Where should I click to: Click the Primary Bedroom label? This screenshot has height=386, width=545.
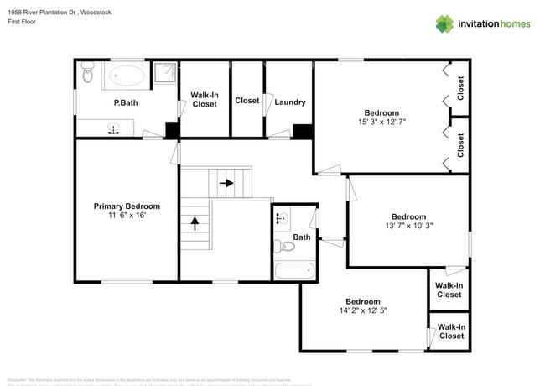pyautogui.click(x=127, y=206)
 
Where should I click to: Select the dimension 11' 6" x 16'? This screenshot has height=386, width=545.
pyautogui.click(x=127, y=216)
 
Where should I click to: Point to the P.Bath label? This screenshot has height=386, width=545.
pyautogui.click(x=126, y=102)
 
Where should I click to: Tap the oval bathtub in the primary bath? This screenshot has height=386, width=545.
pyautogui.click(x=127, y=77)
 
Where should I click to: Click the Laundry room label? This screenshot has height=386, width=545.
pyautogui.click(x=290, y=102)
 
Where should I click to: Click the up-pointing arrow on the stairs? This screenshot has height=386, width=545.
pyautogui.click(x=195, y=223)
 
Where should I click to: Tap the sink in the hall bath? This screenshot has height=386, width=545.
pyautogui.click(x=283, y=219)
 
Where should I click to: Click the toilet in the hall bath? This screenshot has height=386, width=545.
pyautogui.click(x=284, y=247)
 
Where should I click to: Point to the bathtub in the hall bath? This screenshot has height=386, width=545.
pyautogui.click(x=294, y=271)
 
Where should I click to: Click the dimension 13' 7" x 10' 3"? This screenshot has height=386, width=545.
pyautogui.click(x=408, y=226)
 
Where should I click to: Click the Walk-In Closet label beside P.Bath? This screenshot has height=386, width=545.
pyautogui.click(x=205, y=100)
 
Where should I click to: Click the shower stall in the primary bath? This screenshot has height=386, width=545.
pyautogui.click(x=165, y=75)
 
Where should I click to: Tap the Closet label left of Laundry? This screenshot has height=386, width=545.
pyautogui.click(x=247, y=101)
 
